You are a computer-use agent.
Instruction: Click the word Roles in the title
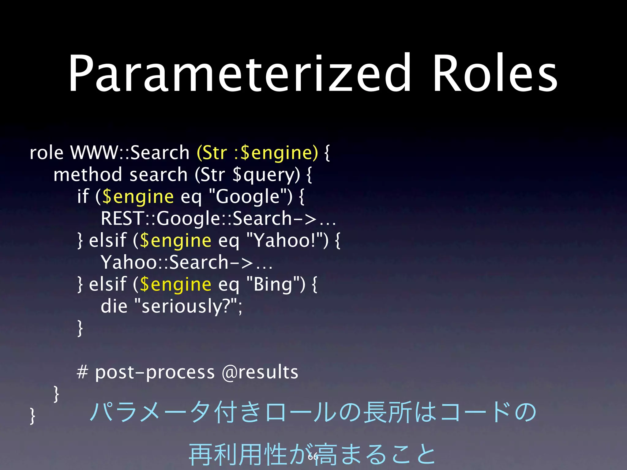point(495,73)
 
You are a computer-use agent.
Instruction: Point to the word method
point(88,175)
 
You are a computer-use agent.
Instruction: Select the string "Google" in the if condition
point(249,196)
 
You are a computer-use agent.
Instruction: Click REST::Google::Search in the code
point(196,218)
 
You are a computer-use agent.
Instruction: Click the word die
point(114,306)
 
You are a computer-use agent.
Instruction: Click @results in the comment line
point(260,372)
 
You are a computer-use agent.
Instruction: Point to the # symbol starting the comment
point(82,372)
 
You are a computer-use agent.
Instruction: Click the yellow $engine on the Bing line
point(175,285)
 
